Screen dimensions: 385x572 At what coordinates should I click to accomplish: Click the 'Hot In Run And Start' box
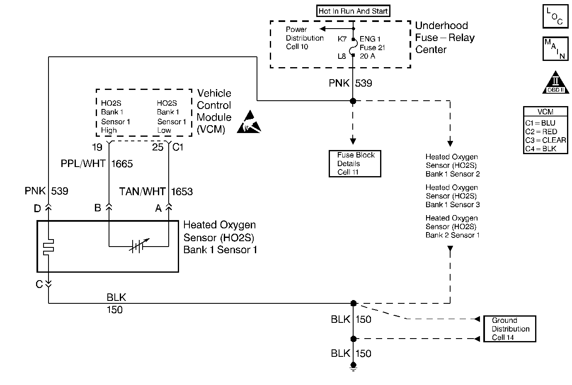coord(353,11)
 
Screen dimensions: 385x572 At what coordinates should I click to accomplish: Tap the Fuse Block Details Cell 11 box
coord(355,164)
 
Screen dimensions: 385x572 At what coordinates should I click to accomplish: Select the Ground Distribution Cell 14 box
coord(510,329)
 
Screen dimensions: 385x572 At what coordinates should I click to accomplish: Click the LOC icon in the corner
coord(555,17)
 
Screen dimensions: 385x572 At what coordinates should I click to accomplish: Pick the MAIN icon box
coord(555,49)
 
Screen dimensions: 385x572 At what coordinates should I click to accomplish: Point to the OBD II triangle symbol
coord(555,83)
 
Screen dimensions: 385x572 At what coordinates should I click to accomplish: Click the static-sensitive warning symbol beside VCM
coord(249,122)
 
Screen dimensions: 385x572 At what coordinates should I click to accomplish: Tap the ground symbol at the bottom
coord(353,366)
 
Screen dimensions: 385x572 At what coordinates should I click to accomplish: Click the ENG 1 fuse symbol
coord(353,47)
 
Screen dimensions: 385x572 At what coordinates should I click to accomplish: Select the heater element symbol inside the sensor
coord(49,246)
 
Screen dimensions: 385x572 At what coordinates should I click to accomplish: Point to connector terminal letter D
coord(37,208)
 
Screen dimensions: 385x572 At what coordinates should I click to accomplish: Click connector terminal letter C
coord(39,284)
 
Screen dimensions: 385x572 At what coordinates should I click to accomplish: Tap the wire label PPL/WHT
coord(83,164)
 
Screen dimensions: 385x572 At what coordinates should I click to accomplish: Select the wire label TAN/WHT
coord(142,191)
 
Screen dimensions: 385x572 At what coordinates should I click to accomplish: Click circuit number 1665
coord(122,164)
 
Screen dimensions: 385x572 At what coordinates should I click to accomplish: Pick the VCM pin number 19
coord(97,147)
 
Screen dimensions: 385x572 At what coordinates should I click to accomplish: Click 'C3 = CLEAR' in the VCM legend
coord(545,140)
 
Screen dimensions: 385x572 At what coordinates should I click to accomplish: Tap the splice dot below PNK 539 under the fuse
coord(353,101)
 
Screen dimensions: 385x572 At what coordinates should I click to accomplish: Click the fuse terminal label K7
coord(342,39)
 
